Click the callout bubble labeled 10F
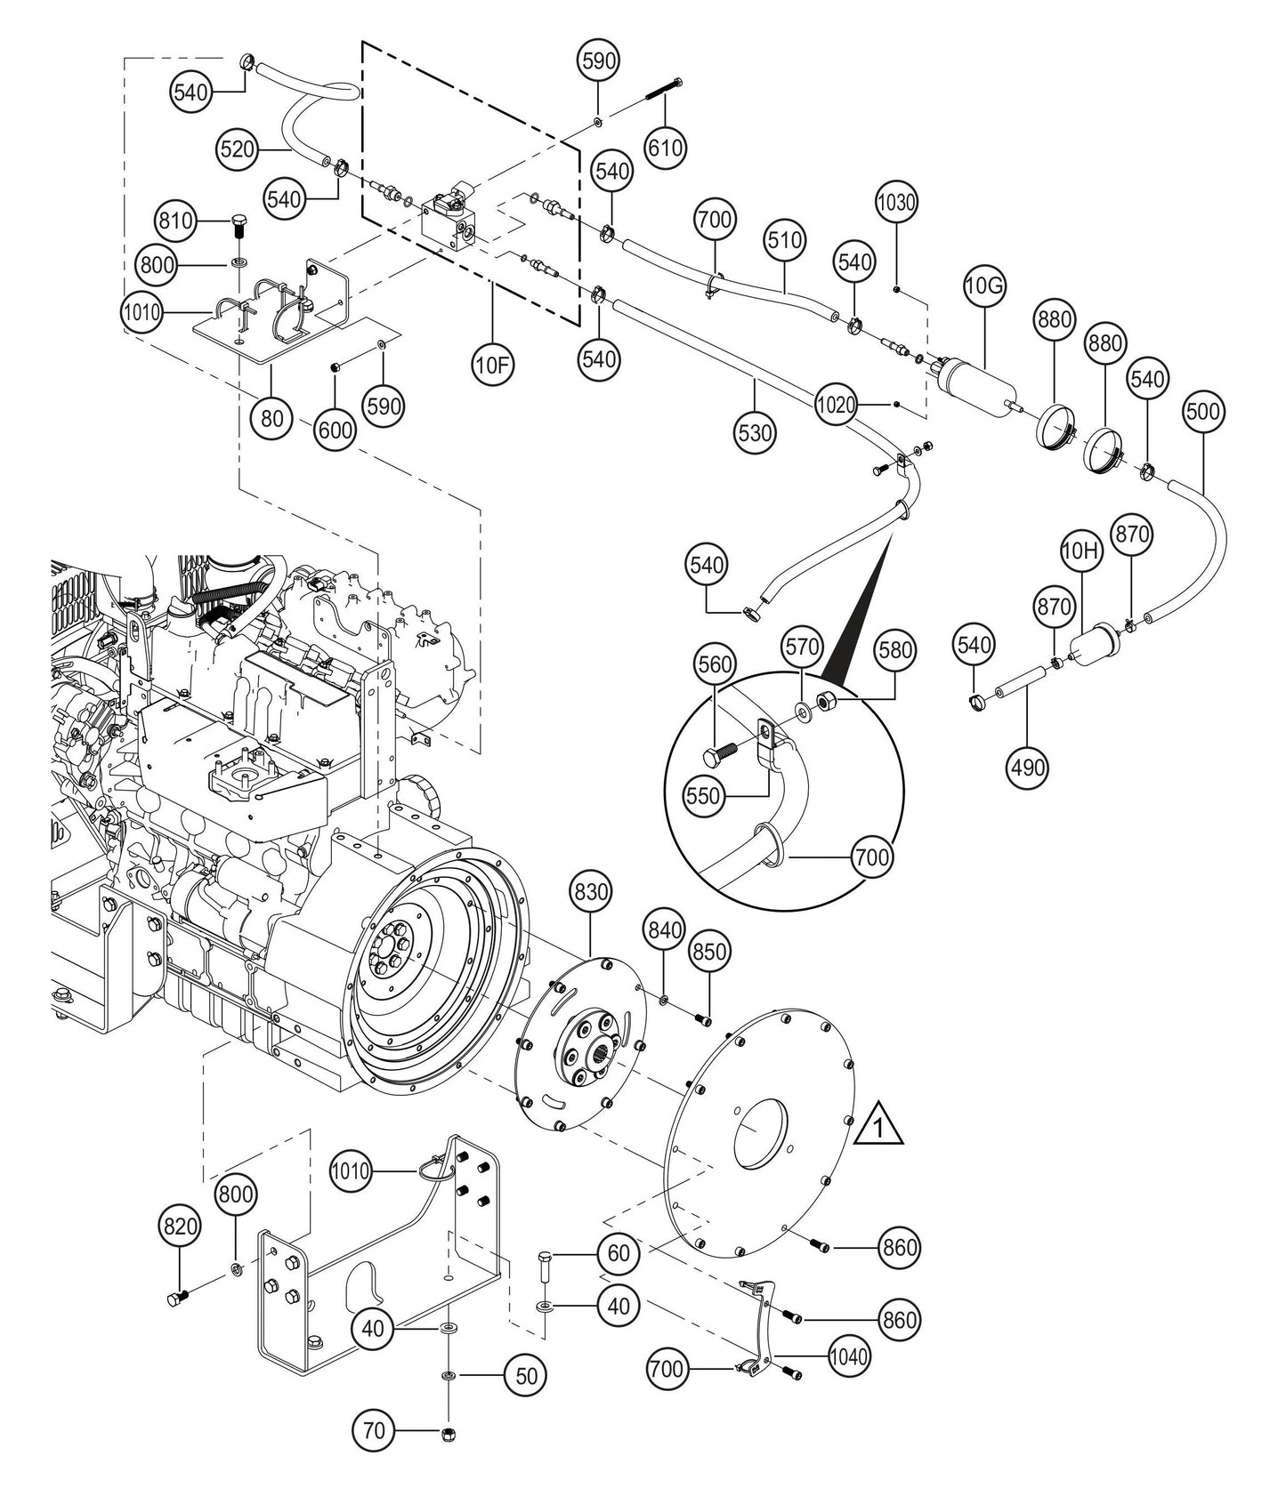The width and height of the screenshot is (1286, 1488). [x=495, y=366]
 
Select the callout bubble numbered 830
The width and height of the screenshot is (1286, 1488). [x=590, y=890]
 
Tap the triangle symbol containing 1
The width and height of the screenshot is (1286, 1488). [x=878, y=1124]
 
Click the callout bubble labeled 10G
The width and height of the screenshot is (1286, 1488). [x=985, y=286]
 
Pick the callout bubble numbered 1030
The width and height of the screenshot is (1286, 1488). [x=896, y=202]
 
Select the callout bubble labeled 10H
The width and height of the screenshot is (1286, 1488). [x=1081, y=552]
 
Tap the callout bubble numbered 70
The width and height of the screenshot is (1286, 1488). [x=375, y=1431]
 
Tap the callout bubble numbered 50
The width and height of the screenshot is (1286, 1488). [x=525, y=1375]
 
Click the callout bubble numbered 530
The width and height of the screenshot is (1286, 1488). [x=756, y=433]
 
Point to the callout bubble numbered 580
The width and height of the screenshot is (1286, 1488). [x=894, y=651]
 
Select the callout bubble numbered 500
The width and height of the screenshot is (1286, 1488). [x=1204, y=412]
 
